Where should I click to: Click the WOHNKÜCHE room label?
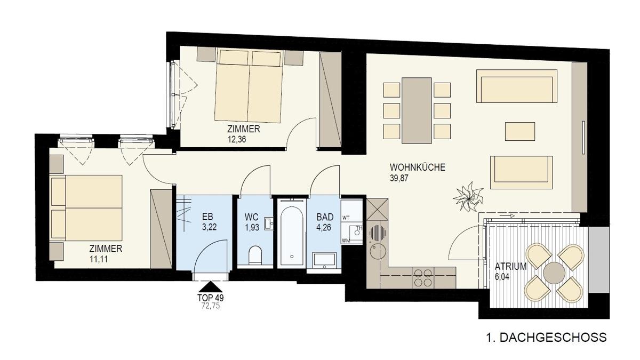point(418,167)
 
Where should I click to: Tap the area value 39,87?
point(399,178)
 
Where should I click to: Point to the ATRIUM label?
point(510,266)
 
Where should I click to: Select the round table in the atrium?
point(554,273)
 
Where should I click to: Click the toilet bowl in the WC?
point(255,255)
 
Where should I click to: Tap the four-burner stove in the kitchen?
point(423,278)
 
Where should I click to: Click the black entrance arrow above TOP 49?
point(211,286)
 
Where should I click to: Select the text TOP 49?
point(211,298)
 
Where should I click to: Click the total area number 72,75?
point(211,306)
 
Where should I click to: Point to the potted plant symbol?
point(468,197)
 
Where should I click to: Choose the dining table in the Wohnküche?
point(417,110)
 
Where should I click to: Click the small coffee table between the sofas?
point(520,131)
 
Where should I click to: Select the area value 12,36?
point(237,140)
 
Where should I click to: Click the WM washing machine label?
point(346,241)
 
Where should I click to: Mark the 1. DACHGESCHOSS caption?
point(546,338)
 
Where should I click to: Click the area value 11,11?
point(99,259)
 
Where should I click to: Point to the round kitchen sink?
point(378,252)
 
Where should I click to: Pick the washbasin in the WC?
point(269,223)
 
